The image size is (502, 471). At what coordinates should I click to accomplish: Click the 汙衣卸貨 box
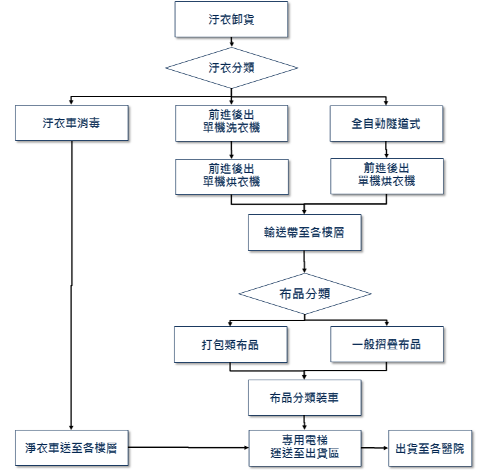[x=231, y=19]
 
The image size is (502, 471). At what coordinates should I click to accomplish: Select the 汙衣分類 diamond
[x=232, y=67]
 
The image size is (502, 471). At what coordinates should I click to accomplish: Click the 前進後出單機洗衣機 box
[x=231, y=122]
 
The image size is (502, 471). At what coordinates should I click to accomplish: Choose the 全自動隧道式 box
[x=386, y=122]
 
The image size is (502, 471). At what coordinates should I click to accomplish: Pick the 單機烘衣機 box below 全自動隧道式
[x=386, y=175]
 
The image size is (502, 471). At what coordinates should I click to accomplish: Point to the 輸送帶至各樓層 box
[x=304, y=232]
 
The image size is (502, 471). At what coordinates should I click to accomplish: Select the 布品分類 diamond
[x=304, y=293]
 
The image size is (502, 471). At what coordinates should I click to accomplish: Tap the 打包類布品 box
[x=231, y=344]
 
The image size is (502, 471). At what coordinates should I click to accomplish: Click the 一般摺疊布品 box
[x=386, y=344]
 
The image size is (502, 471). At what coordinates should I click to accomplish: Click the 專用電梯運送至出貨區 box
[x=304, y=447]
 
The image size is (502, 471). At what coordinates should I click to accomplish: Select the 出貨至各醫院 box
[x=429, y=447]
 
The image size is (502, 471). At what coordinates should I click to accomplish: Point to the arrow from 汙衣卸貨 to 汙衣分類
[x=231, y=42]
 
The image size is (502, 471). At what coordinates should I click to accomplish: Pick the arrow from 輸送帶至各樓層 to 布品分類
[x=304, y=262]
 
